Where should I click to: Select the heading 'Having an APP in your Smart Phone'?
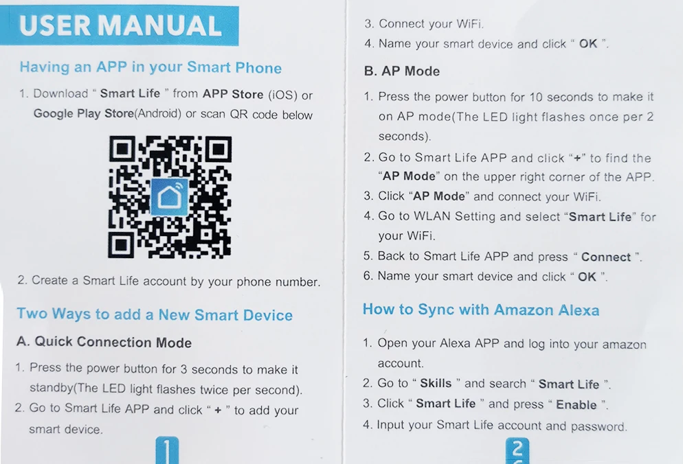(x=150, y=68)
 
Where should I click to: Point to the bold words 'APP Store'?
(x=232, y=94)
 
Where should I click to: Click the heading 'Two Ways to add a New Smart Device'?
(x=155, y=315)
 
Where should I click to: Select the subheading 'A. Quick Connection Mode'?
(x=104, y=342)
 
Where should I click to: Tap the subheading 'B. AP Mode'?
(x=402, y=71)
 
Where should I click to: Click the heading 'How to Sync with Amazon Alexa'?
(x=481, y=310)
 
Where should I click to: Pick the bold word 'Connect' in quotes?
(x=605, y=257)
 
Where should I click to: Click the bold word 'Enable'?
(x=576, y=404)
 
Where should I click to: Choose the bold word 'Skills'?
(x=436, y=384)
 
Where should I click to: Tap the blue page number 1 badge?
(x=168, y=450)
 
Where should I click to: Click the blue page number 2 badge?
(x=517, y=451)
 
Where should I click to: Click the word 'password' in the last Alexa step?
(x=598, y=426)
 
